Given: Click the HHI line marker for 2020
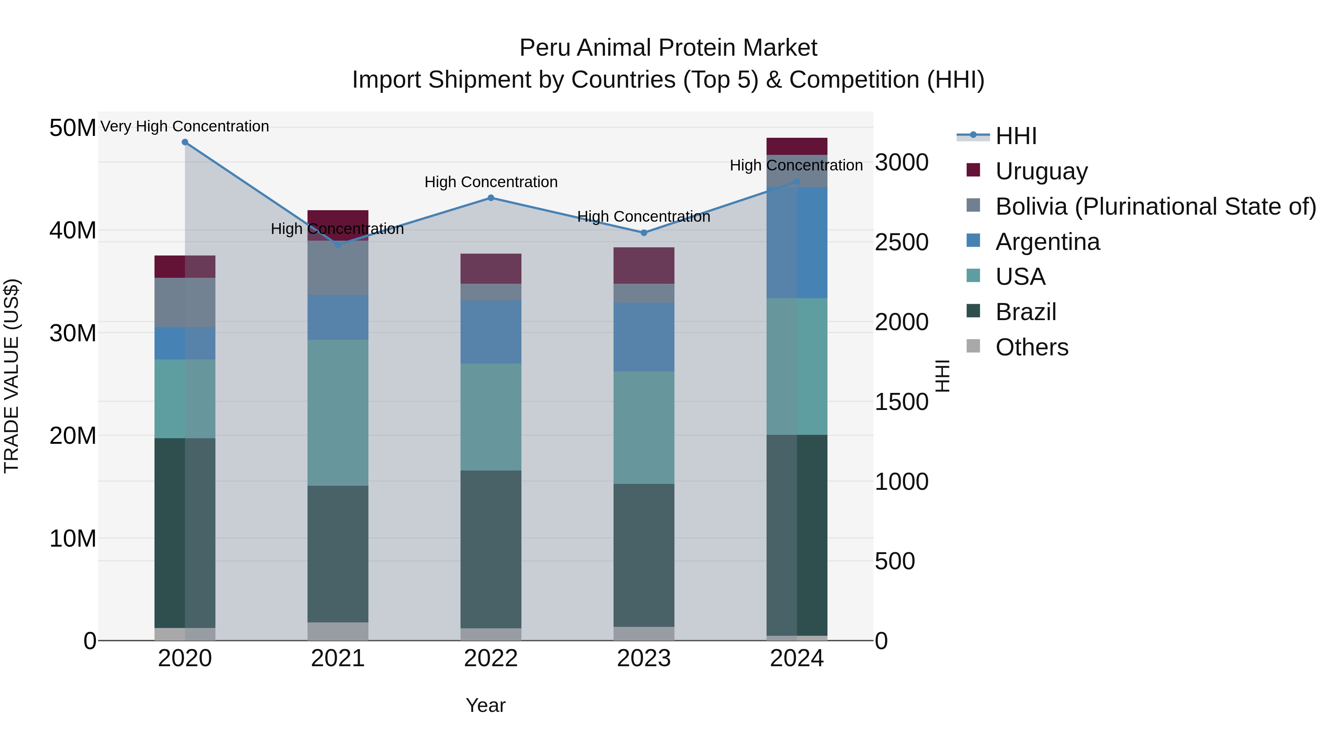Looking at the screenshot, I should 185,142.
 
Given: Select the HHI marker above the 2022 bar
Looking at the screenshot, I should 491,198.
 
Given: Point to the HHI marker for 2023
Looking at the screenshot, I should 644,233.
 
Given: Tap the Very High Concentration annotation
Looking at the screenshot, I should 185,126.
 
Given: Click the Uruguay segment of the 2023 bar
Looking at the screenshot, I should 644,266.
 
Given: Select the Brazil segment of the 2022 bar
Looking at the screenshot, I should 491,549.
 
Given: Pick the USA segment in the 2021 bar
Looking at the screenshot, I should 338,413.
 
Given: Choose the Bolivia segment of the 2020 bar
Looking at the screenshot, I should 185,303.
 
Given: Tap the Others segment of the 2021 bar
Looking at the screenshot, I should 338,631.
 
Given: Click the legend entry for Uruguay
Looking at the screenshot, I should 1041,171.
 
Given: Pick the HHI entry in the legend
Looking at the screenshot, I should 1016,136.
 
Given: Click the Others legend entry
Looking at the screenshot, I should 1031,347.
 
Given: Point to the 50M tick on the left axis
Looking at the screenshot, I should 73,128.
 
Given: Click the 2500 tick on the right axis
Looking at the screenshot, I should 901,242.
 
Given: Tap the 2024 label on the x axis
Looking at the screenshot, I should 797,658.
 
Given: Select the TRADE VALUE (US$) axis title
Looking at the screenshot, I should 12,376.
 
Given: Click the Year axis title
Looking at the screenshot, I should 485,705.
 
